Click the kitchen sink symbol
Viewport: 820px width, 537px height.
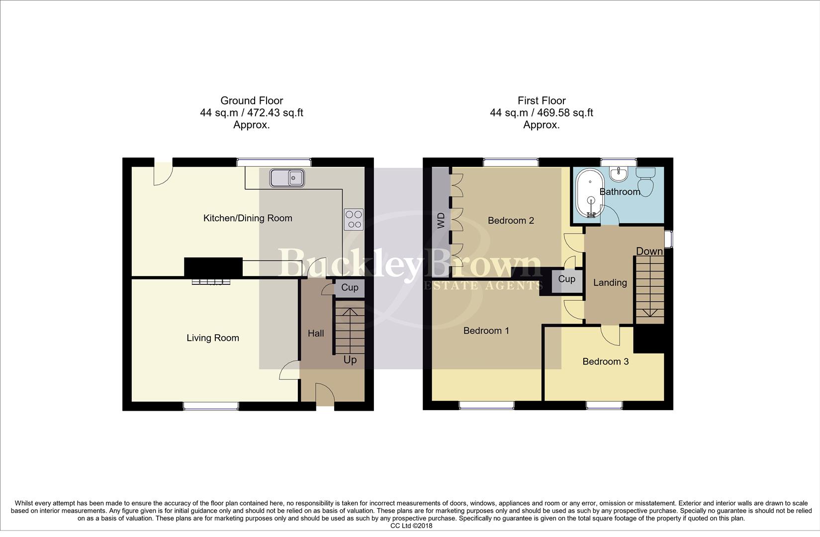pos(287,178)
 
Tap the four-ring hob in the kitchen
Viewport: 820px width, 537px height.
pos(354,219)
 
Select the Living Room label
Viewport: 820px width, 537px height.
pos(213,338)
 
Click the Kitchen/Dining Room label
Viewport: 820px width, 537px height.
pos(248,218)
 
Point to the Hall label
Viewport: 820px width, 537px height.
pos(316,334)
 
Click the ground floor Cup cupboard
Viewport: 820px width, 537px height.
pos(350,288)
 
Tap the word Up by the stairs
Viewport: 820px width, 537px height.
pos(350,360)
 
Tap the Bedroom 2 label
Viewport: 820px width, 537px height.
pos(511,221)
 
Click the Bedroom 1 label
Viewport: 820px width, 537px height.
pos(486,331)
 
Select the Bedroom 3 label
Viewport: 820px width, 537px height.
pos(605,362)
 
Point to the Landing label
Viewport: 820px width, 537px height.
pos(610,283)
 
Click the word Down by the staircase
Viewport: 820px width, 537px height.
pos(649,252)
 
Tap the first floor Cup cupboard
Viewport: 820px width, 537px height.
pos(566,279)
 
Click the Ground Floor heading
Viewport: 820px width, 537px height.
pos(252,101)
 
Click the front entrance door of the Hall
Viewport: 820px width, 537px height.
pos(325,396)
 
